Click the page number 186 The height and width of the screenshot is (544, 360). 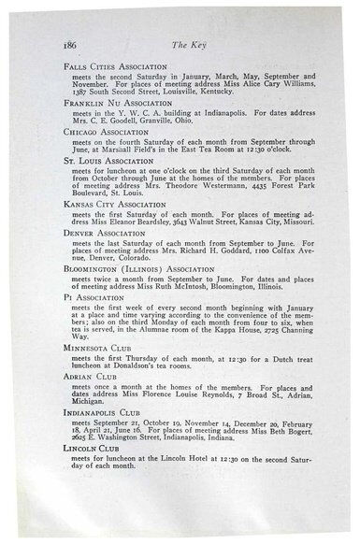point(69,43)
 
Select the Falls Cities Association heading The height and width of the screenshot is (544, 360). point(114,68)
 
